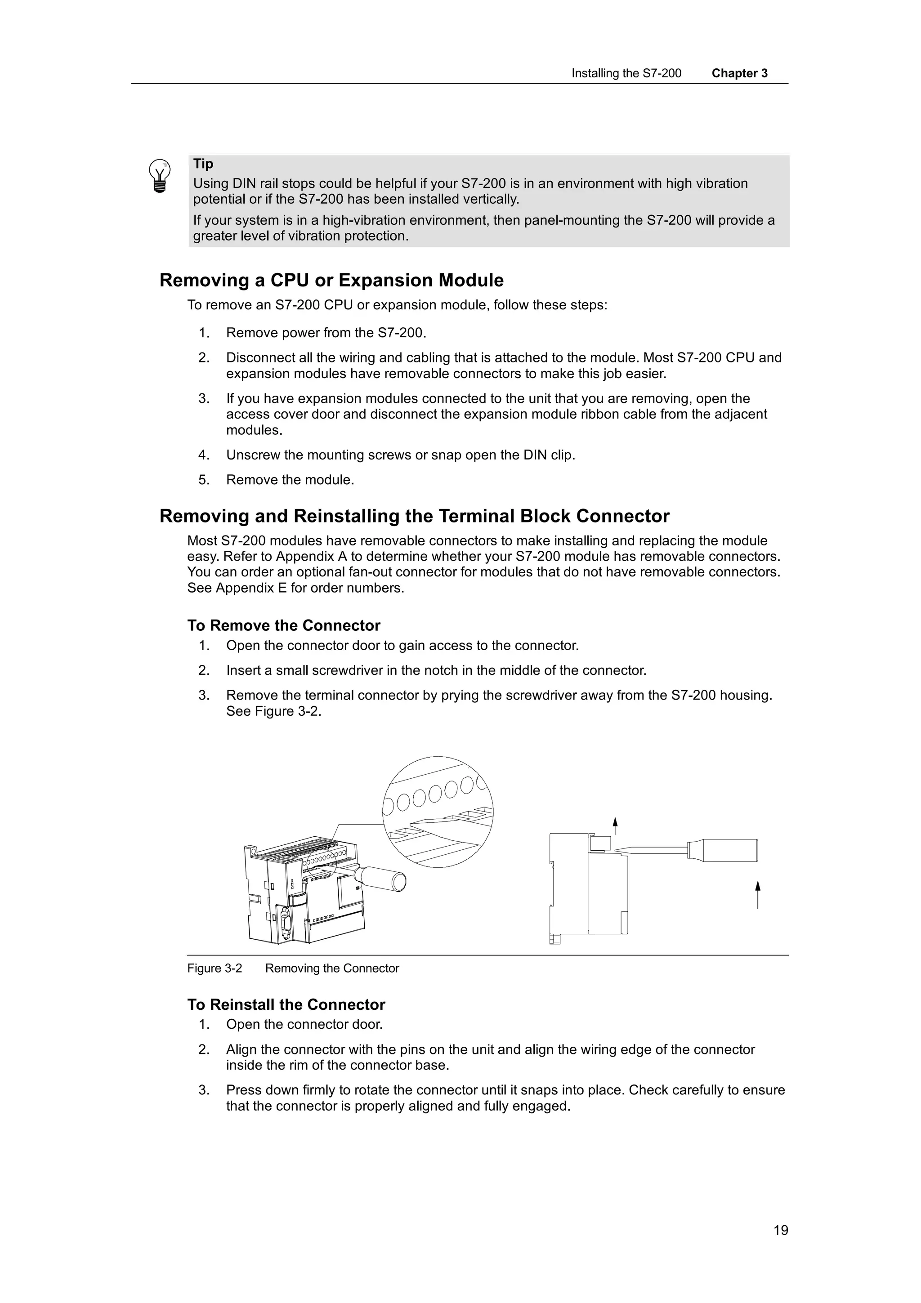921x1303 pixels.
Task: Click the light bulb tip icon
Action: [x=160, y=176]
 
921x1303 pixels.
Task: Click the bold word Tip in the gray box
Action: [x=203, y=164]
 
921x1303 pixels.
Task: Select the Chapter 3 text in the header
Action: [x=739, y=73]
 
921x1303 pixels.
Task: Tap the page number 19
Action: [x=780, y=1230]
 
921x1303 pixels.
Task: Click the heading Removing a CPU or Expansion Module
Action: [x=331, y=281]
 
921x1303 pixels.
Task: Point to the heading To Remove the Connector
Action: [x=284, y=625]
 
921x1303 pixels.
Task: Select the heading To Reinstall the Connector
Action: [x=286, y=1004]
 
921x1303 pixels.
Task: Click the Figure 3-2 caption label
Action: [x=215, y=968]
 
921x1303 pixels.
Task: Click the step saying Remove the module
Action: [x=290, y=480]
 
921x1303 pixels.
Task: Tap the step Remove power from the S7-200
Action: [x=326, y=333]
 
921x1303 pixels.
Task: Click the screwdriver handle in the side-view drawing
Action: [x=724, y=850]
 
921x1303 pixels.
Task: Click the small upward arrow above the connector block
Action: [x=615, y=825]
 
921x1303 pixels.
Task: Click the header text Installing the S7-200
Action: [x=626, y=73]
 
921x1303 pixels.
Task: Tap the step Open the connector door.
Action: [x=304, y=1024]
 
